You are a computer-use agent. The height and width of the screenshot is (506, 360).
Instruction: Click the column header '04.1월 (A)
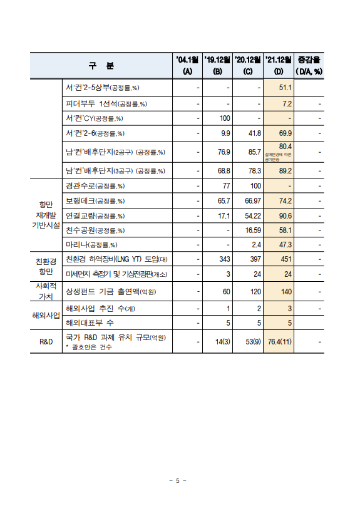[x=187, y=65]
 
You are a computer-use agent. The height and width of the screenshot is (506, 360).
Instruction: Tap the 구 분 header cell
[x=102, y=66]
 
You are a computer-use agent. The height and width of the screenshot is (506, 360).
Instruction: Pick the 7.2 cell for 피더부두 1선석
[x=287, y=103]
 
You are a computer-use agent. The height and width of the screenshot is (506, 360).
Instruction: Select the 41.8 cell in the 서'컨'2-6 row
[x=254, y=133]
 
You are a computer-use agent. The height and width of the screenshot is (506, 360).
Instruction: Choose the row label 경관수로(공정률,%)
[x=95, y=186]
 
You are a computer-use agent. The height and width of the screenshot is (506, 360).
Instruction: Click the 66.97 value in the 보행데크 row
[x=252, y=201]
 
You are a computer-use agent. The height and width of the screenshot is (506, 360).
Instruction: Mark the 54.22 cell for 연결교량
[x=252, y=216]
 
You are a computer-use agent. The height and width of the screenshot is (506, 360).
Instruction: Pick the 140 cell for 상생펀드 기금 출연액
[x=285, y=291]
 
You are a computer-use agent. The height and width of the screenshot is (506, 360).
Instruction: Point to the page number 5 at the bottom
[x=178, y=480]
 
